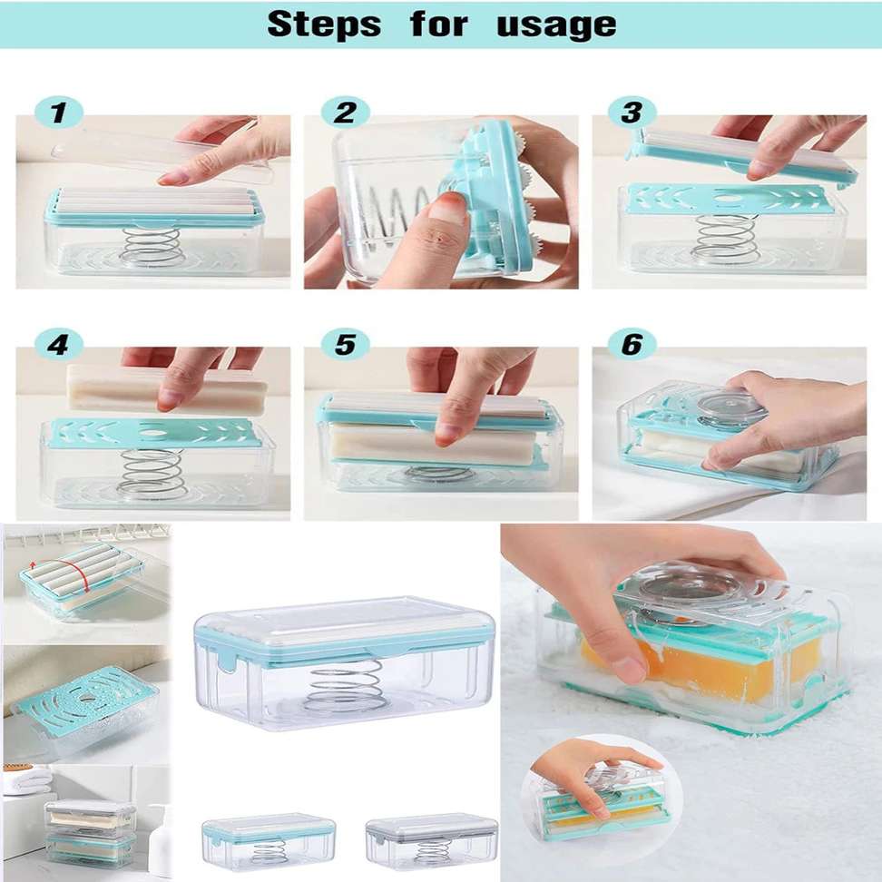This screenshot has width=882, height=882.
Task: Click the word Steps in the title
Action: coord(324,24)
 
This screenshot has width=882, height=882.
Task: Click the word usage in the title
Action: coord(556,25)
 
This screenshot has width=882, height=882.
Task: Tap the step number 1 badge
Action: coord(59,113)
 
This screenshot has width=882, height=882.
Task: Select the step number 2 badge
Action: coord(346,113)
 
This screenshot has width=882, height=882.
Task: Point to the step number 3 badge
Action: coord(632,113)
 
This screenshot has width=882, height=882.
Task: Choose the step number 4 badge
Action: coord(59,344)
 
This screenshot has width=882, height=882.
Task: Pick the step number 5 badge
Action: coord(346,344)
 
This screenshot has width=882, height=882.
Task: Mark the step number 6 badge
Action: coord(632,344)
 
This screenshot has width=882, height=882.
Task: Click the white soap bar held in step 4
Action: coord(166,388)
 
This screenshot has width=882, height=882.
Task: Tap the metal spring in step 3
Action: coord(726,240)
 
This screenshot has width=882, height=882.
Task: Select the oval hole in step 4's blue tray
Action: coord(151,434)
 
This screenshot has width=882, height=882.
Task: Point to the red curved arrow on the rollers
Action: coord(83,575)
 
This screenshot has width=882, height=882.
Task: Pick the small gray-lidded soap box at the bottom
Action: coord(431,841)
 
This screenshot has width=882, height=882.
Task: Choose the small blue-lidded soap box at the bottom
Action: coord(269,841)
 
